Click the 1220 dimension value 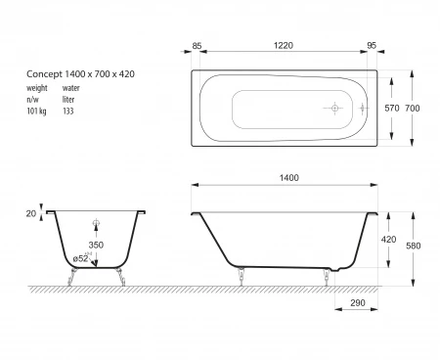(284, 45)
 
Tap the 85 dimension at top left (197, 46)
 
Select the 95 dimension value (372, 46)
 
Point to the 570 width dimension (392, 108)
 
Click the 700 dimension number (413, 108)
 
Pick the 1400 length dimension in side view (289, 178)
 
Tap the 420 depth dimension (388, 240)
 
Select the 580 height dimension (414, 246)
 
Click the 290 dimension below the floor (358, 303)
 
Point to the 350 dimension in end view (96, 245)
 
